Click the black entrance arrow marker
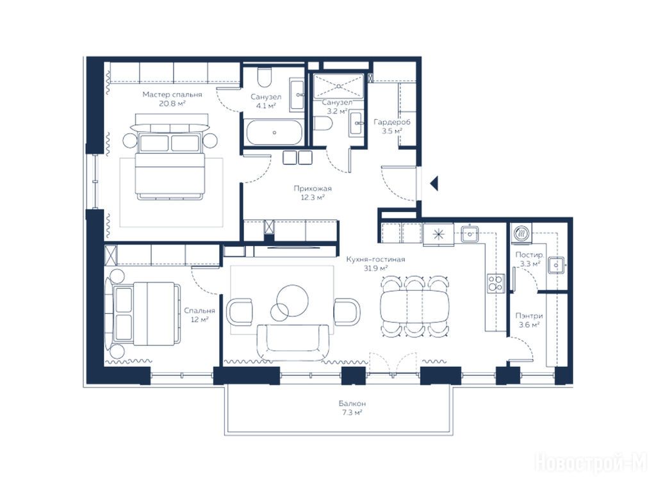(x=435, y=183)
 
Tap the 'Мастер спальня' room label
(x=172, y=95)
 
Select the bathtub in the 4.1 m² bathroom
(x=274, y=132)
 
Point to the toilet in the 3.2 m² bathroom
(x=323, y=123)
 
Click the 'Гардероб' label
(x=392, y=122)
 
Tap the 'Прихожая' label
(x=313, y=189)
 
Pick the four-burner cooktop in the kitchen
(x=496, y=283)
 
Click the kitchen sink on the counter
(x=470, y=233)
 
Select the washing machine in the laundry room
(x=522, y=233)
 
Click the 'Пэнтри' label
(x=529, y=316)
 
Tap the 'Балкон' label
(x=352, y=404)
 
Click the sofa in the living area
(x=293, y=342)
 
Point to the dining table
(x=414, y=305)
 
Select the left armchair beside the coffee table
(x=240, y=312)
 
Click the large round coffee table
(x=292, y=300)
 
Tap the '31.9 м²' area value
(x=375, y=268)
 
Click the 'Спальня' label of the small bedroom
(x=200, y=311)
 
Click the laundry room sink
(x=556, y=265)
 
